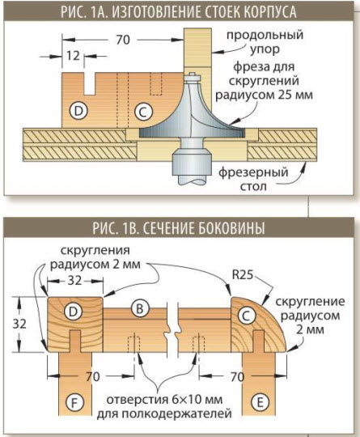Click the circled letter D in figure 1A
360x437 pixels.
pyautogui.click(x=78, y=111)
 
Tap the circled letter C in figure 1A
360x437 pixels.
pyautogui.click(x=143, y=112)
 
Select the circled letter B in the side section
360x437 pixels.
pyautogui.click(x=140, y=308)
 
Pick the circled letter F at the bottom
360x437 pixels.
pyautogui.click(x=75, y=403)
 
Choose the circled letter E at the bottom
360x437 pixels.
pyautogui.click(x=260, y=402)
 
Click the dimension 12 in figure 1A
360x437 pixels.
pyautogui.click(x=73, y=56)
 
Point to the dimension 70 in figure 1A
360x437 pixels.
pyautogui.click(x=123, y=40)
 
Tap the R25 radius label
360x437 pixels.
pyautogui.click(x=243, y=275)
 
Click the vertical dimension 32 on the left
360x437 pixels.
pyautogui.click(x=19, y=324)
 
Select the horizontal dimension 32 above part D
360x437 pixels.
pyautogui.click(x=74, y=281)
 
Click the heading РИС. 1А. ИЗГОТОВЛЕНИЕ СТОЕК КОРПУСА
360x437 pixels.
pyautogui.click(x=178, y=12)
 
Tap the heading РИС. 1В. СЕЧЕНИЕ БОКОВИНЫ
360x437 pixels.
pyautogui.click(x=178, y=228)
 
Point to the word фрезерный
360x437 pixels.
pyautogui.click(x=253, y=172)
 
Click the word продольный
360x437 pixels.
pyautogui.click(x=265, y=36)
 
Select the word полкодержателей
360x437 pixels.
pyautogui.click(x=164, y=414)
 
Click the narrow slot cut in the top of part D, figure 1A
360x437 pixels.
pyautogui.click(x=90, y=83)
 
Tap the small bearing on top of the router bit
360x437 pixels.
pyautogui.click(x=192, y=77)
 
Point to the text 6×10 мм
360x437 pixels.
pyautogui.click(x=197, y=400)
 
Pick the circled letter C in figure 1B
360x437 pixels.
pyautogui.click(x=246, y=316)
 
